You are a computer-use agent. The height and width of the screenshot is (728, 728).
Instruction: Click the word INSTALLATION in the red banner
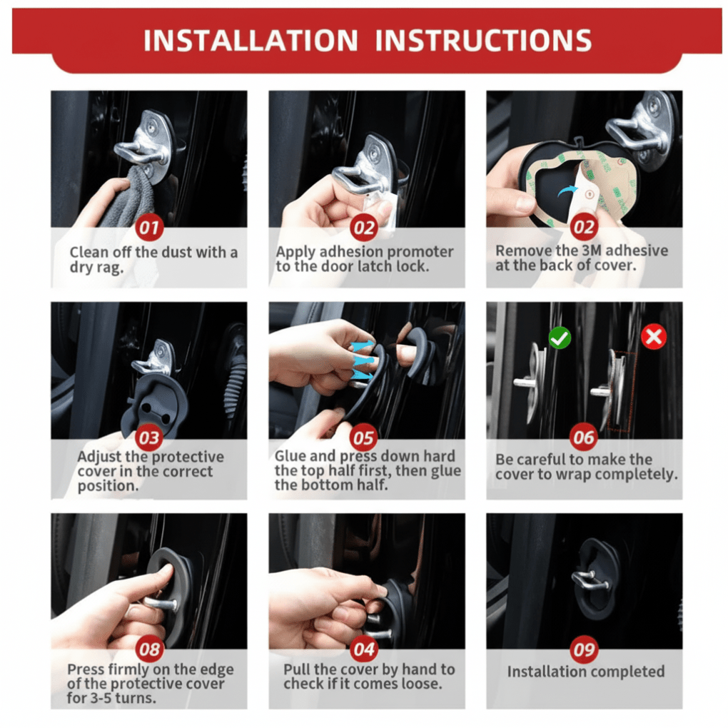[x=251, y=41]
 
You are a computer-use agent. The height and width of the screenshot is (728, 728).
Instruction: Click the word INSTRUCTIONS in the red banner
[x=483, y=41]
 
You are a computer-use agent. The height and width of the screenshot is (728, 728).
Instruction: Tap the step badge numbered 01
[x=149, y=228]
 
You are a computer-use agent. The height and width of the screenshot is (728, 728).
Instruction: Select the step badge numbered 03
[x=149, y=438]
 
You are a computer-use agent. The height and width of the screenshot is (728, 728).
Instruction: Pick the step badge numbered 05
[x=364, y=438]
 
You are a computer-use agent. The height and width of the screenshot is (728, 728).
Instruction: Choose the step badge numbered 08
[x=149, y=649]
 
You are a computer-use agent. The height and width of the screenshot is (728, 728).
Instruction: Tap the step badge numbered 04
[x=364, y=649]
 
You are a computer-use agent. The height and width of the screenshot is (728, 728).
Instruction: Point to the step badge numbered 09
[x=584, y=649]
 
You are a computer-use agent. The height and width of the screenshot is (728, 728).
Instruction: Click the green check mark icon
[x=560, y=338]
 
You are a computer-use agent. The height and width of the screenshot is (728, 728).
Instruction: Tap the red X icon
[x=654, y=337]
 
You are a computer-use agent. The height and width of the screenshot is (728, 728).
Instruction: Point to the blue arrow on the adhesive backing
[x=567, y=191]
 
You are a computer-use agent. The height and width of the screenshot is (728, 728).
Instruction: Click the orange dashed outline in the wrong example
[x=625, y=391]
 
